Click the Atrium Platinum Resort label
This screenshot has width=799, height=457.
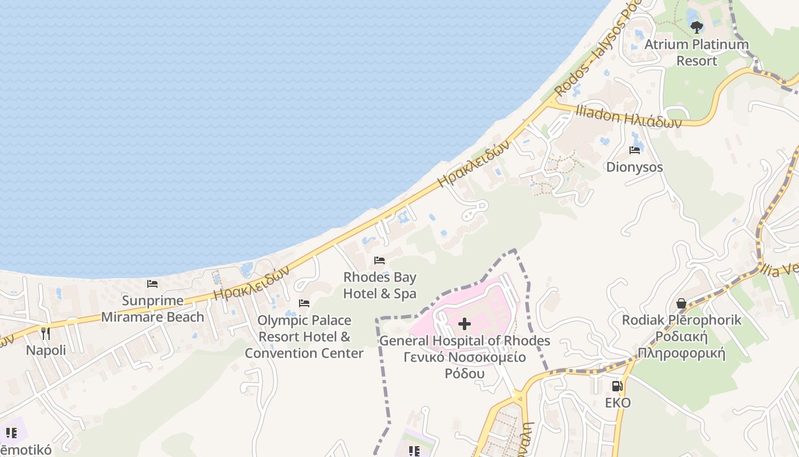click(696, 52)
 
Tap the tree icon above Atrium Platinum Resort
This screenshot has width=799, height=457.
click(696, 27)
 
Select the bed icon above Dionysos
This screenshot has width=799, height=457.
click(634, 150)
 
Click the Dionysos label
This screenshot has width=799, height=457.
click(634, 167)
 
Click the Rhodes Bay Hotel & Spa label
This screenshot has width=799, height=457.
click(380, 286)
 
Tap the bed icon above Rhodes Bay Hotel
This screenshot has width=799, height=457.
click(380, 260)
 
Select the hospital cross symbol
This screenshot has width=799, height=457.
click(465, 324)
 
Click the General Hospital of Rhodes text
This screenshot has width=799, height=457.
click(465, 341)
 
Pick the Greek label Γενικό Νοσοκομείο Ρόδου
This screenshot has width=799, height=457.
click(465, 366)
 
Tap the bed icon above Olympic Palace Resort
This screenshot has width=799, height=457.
click(304, 303)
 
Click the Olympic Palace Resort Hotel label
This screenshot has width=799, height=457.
click(304, 336)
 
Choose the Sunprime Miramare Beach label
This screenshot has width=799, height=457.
click(152, 308)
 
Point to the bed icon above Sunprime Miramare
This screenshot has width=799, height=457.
click(152, 283)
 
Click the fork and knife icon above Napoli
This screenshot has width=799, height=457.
click(46, 333)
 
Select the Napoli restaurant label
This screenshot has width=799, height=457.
click(46, 350)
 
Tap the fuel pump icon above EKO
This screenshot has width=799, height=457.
click(617, 386)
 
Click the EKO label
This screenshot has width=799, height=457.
click(618, 403)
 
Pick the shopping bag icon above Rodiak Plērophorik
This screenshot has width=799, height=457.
click(681, 303)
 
